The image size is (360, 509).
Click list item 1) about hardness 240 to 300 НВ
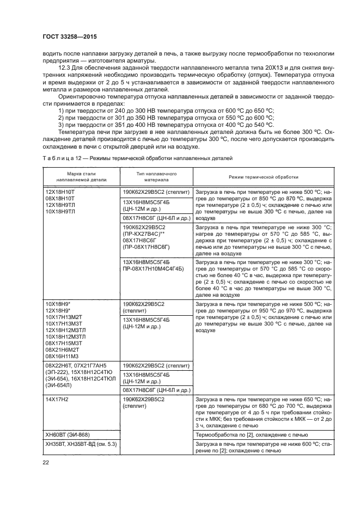[166, 111]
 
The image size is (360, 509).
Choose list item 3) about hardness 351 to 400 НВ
[166, 125]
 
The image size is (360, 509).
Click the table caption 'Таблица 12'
[57, 158]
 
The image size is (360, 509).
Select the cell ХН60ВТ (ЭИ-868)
[68, 435]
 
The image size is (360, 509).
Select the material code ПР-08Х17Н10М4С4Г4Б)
[153, 269]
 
